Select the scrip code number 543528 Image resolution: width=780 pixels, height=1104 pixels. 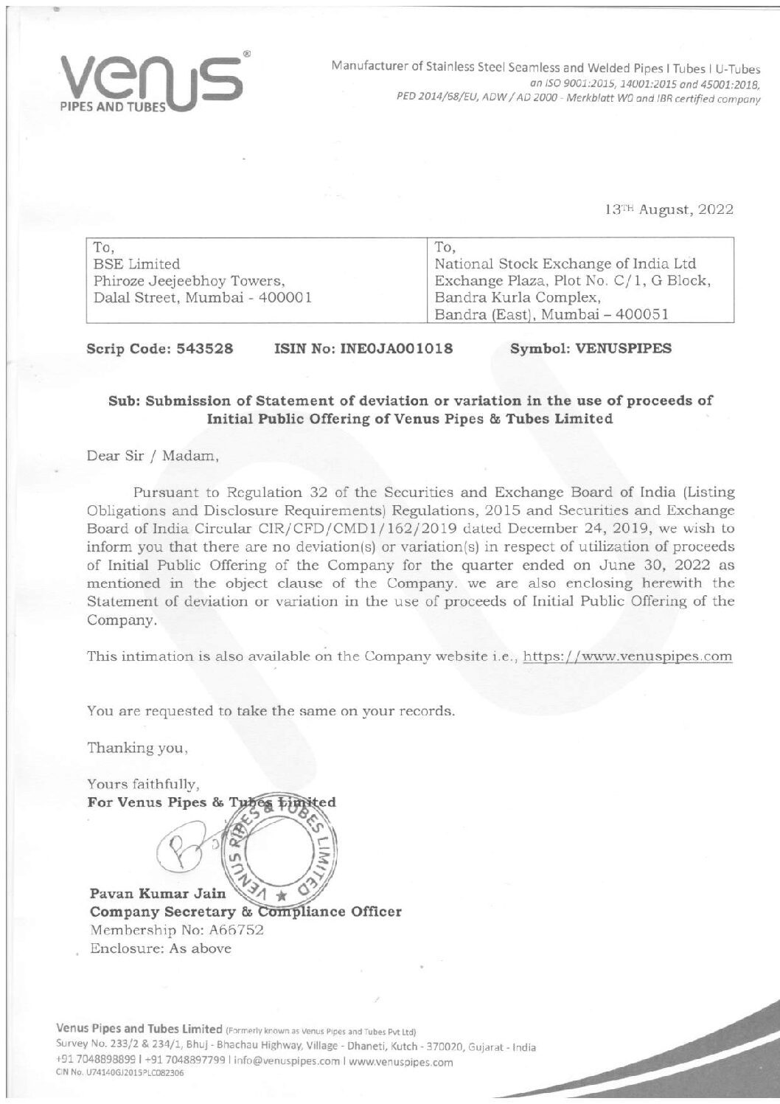204,349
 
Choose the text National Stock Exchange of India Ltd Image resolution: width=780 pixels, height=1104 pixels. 565,263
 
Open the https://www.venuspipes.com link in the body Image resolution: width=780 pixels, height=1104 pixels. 627,656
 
